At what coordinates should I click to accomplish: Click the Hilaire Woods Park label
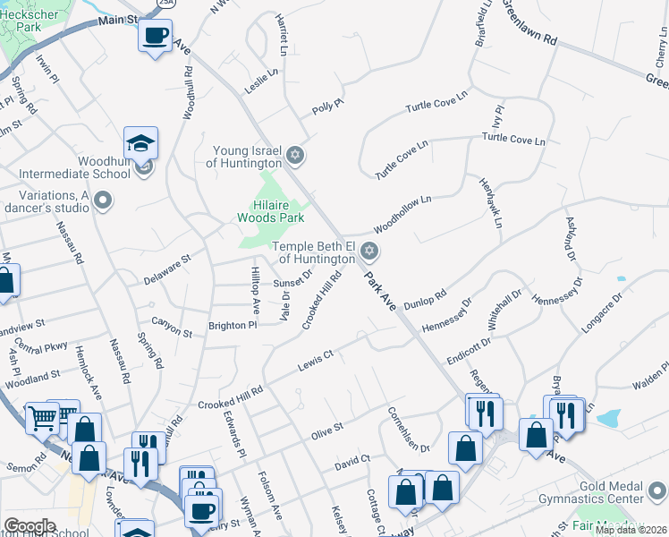point(271,210)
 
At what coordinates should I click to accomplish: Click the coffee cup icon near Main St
point(156,36)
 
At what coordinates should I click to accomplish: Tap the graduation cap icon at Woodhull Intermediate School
point(140,142)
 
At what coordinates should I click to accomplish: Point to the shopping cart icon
point(41,416)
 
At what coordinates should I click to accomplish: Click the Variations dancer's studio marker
point(103,200)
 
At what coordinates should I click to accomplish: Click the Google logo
point(30,525)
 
